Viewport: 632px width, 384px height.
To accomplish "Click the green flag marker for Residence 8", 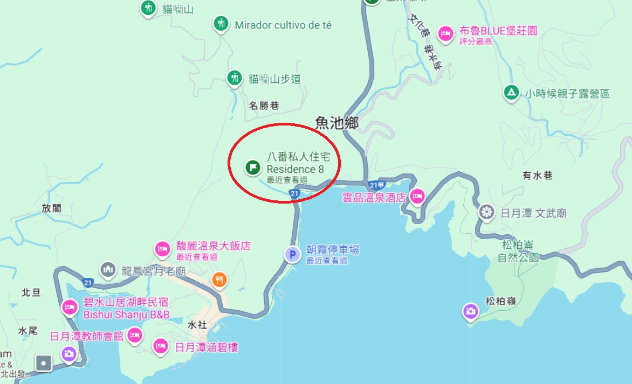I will point(251,167).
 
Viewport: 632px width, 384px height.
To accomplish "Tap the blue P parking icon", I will point(292,254).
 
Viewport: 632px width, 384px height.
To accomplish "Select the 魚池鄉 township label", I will point(337,123).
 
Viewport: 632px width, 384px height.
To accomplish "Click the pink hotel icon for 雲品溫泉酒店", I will point(417,196).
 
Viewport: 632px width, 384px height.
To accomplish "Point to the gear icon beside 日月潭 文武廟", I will point(487,212).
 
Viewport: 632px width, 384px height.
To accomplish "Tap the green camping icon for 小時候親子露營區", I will point(510,92).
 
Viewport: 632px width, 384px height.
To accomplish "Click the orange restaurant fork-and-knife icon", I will point(219,279).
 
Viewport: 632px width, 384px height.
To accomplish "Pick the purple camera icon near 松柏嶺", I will point(470,311).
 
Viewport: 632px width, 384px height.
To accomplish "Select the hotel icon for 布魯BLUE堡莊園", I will point(445,33).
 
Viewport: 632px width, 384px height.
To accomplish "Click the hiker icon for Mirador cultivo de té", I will point(220,23).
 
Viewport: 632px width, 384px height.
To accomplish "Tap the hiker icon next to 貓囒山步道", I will point(234,78).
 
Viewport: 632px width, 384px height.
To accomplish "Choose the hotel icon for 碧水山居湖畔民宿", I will point(70,307).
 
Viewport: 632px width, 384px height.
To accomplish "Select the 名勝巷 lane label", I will point(264,106).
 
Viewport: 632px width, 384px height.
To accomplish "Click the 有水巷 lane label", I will point(537,175).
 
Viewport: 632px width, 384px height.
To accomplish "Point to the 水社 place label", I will point(197,325).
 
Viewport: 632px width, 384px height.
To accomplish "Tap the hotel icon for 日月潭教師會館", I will point(135,334).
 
